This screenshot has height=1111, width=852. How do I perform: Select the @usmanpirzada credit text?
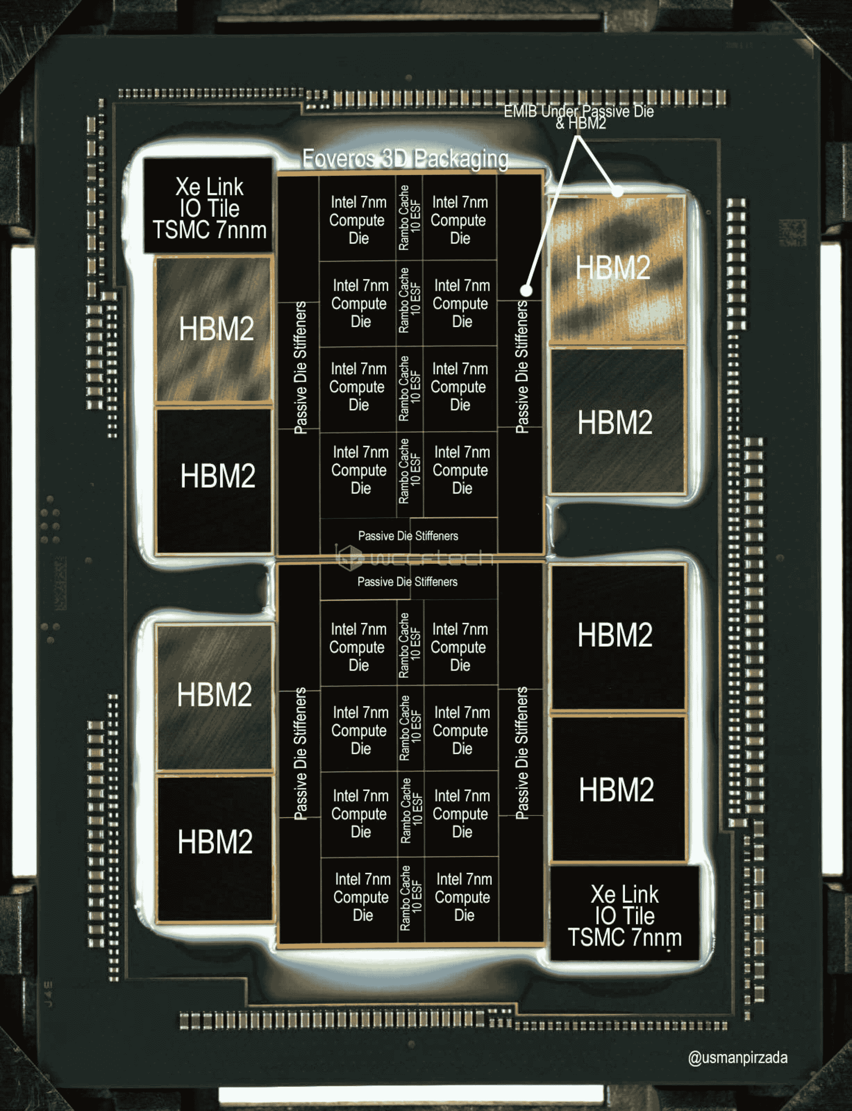737,1058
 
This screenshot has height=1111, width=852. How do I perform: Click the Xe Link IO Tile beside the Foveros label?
209,208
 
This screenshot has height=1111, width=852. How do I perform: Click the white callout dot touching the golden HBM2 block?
617,192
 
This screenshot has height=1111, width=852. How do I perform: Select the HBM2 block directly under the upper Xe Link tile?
216,329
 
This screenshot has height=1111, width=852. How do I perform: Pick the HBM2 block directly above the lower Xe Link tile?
617,790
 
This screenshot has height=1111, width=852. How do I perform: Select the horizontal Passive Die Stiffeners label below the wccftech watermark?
407,582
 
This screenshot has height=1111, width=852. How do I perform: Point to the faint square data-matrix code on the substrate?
792,233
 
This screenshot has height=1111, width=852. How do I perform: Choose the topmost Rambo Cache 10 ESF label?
409,218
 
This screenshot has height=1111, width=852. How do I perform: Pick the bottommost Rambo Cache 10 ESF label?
411,897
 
